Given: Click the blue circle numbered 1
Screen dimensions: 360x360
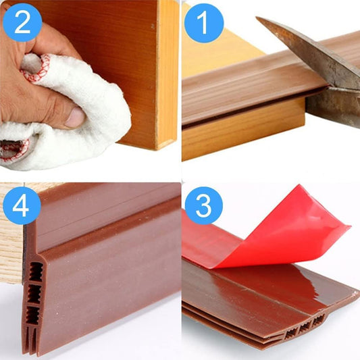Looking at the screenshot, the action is click(204, 23).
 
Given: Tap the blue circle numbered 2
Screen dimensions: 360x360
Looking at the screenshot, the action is click(22, 22).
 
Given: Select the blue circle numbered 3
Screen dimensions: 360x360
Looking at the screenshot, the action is click(204, 205).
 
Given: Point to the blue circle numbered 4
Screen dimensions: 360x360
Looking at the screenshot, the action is click(22, 205).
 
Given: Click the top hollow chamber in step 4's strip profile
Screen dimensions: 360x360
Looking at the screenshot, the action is click(36, 272).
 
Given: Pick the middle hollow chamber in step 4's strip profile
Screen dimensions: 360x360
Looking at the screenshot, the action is click(34, 294).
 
